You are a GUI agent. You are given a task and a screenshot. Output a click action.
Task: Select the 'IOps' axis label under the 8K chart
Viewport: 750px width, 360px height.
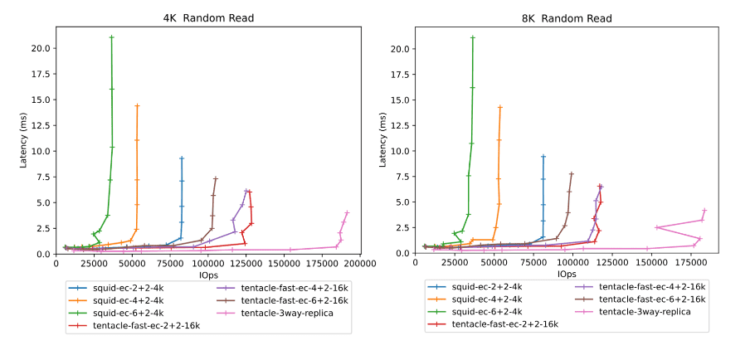pyautogui.click(x=567, y=274)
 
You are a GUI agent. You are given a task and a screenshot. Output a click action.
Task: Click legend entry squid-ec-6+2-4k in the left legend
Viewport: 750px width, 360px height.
pyautogui.click(x=124, y=313)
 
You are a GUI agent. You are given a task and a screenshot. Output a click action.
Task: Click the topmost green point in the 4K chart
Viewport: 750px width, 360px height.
pyautogui.click(x=111, y=37)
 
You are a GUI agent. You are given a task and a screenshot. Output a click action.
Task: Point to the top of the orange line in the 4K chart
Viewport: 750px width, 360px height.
pyautogui.click(x=137, y=105)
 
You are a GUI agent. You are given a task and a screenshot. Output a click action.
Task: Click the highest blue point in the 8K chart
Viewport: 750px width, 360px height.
pyautogui.click(x=543, y=156)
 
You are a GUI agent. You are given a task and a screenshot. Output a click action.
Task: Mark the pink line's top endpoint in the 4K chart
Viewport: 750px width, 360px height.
pyautogui.click(x=347, y=213)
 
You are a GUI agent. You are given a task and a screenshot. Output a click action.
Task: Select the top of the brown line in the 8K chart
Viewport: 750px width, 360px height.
pyautogui.click(x=572, y=173)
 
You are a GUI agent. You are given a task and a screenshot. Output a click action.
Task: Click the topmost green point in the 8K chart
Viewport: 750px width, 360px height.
pyautogui.click(x=472, y=37)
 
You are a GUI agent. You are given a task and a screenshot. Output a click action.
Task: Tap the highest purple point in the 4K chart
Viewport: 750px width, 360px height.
pyautogui.click(x=246, y=190)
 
